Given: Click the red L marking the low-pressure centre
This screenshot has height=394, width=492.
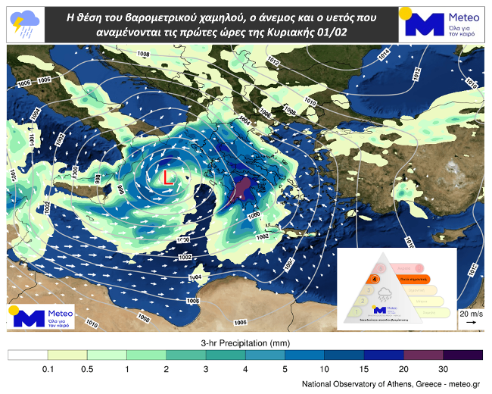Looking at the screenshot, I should (168, 177).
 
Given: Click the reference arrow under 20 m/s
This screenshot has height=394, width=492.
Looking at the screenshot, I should (470, 323).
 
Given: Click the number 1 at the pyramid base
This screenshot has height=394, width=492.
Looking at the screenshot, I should (353, 311).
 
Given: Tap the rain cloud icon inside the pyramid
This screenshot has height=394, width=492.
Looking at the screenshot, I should (385, 294).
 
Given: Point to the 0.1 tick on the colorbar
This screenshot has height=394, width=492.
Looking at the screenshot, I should (48, 368).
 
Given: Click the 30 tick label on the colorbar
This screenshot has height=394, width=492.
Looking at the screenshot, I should (442, 368).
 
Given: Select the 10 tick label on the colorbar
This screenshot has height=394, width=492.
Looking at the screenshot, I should (324, 368).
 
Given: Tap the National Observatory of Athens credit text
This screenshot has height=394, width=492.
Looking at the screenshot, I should (390, 384).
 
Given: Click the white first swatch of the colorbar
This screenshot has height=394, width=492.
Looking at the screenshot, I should (28, 355).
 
